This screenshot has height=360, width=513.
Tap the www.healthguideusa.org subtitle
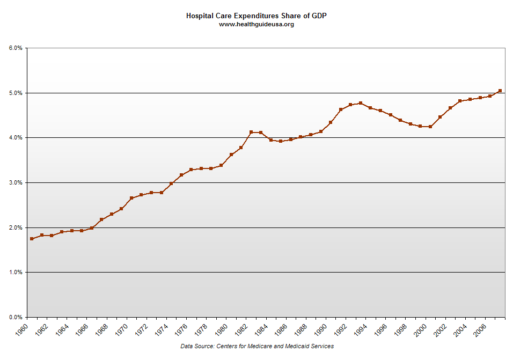pyautogui.click(x=256, y=24)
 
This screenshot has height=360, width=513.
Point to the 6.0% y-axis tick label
pyautogui.click(x=16, y=48)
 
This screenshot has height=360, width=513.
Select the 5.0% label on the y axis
pyautogui.click(x=16, y=93)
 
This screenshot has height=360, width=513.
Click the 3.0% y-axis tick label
pyautogui.click(x=16, y=183)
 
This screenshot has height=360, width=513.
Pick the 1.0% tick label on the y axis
pyautogui.click(x=16, y=273)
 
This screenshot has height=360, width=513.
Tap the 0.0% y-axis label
pyautogui.click(x=16, y=317)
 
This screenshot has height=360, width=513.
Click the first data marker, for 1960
pyautogui.click(x=32, y=239)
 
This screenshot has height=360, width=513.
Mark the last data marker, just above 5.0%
pyautogui.click(x=500, y=91)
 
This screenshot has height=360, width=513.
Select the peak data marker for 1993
pyautogui.click(x=360, y=103)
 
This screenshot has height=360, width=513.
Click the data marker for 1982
pyautogui.click(x=251, y=132)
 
